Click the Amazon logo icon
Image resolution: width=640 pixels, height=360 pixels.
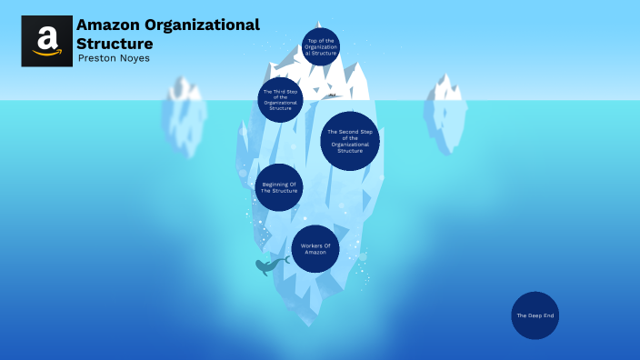pos(46,41)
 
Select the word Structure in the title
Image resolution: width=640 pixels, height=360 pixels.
pos(115,44)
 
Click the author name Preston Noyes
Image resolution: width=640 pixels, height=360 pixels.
pos(115,59)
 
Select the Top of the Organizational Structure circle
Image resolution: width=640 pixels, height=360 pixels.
pos(321,47)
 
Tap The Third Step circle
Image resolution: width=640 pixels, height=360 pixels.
pos(280,99)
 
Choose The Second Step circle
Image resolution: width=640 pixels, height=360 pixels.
pos(350,141)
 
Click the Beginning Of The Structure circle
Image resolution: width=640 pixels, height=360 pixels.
pos(279,187)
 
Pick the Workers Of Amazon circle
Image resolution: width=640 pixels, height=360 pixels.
pos(315,249)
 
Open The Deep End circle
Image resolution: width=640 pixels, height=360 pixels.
pos(535,315)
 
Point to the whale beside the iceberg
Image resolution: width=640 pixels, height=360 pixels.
pos(268,266)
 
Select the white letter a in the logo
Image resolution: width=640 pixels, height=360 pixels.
pos(46,37)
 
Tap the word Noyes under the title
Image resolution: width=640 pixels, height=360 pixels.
pos(134,59)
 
